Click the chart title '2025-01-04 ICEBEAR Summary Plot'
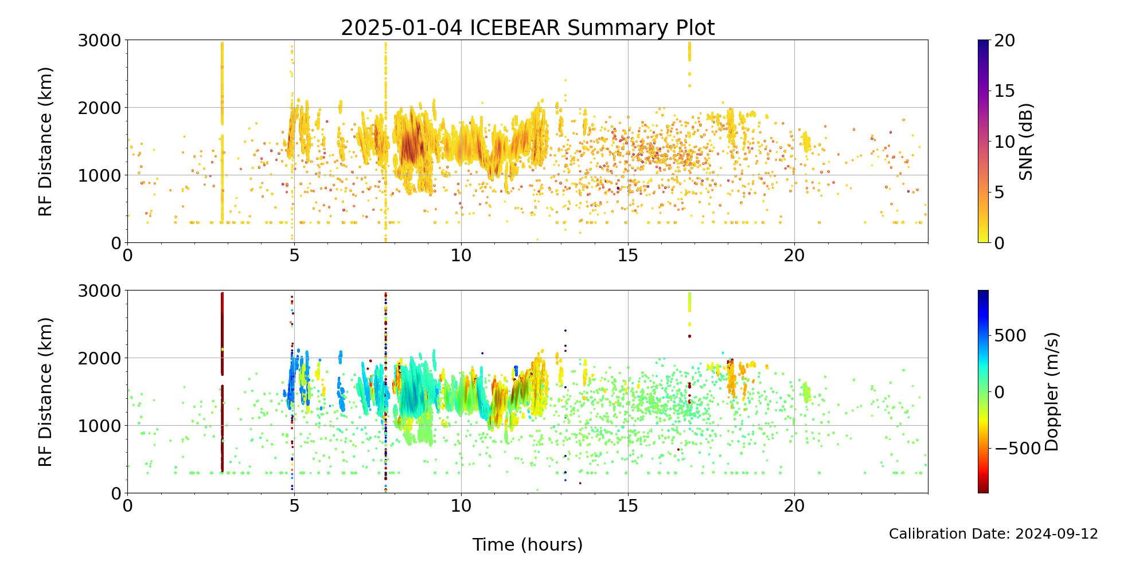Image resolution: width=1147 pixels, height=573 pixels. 528,28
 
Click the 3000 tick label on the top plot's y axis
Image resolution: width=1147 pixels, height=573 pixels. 100,41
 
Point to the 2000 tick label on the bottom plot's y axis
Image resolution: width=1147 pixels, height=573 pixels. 100,358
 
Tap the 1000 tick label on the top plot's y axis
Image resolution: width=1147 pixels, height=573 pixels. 100,175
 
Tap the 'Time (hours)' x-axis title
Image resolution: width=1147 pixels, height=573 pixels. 528,544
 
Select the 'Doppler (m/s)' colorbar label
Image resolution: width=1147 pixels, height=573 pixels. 1051,391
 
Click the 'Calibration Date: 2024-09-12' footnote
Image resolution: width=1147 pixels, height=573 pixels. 993,534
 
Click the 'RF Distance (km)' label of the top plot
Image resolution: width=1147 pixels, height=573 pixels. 46,142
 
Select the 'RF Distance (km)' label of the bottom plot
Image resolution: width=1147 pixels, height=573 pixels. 46,392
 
